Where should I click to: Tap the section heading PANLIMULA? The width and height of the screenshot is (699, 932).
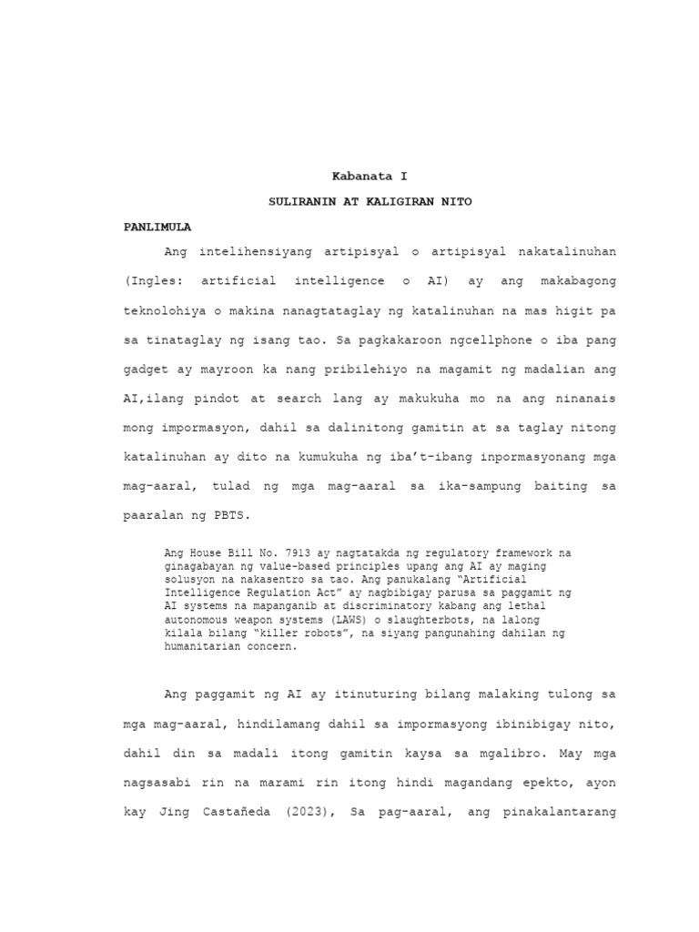coord(158,226)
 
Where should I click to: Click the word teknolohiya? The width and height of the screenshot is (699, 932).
coord(167,311)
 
